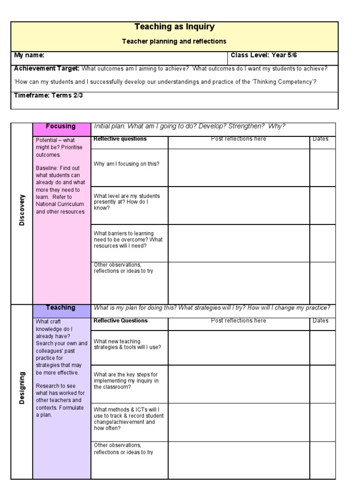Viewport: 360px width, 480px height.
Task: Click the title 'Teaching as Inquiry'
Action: click(174, 27)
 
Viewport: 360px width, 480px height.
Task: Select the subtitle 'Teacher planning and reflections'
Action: click(174, 41)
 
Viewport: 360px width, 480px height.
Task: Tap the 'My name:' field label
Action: click(30, 55)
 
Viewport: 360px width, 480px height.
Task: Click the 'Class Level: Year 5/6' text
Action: click(264, 55)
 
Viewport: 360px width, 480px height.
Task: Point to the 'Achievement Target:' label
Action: click(47, 68)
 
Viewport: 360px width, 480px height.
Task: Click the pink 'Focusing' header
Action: click(61, 126)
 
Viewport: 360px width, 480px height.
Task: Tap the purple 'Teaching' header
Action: click(61, 307)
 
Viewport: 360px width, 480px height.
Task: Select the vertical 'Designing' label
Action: click(21, 388)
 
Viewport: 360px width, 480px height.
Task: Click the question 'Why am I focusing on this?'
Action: click(126, 164)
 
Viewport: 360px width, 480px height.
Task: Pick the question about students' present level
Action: click(127, 202)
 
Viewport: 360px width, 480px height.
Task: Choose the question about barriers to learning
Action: click(128, 240)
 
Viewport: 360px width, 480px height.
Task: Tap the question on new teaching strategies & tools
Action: click(127, 344)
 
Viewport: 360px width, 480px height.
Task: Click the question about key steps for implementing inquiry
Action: click(126, 381)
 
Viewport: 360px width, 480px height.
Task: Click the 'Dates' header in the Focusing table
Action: click(321, 139)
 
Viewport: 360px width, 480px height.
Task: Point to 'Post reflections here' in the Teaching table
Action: click(238, 321)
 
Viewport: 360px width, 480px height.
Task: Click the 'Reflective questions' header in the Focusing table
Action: click(120, 139)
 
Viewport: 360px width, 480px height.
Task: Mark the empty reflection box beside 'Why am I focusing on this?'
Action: click(238, 167)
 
